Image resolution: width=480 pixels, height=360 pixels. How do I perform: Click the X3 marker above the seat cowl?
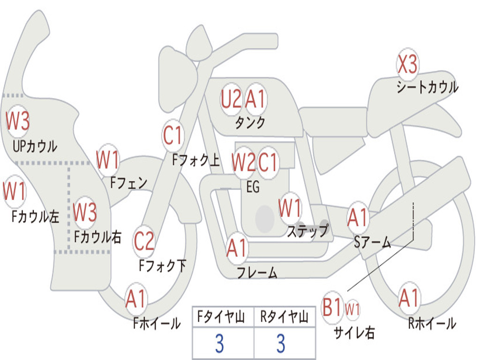[407, 64]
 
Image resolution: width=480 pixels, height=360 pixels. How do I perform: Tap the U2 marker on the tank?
[231, 99]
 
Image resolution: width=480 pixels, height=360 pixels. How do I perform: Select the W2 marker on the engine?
[243, 162]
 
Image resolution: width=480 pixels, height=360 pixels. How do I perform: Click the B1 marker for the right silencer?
[332, 307]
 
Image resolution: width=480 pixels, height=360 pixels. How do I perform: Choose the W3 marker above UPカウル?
[17, 121]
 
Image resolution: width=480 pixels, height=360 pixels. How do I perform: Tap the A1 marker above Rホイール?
[409, 298]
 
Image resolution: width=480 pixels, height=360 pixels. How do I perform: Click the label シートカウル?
[427, 87]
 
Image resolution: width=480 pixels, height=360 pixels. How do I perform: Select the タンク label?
[250, 122]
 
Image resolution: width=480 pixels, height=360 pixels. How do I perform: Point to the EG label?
[253, 187]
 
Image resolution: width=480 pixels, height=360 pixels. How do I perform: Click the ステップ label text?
[307, 230]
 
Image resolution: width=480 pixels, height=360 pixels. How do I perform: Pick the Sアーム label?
[372, 242]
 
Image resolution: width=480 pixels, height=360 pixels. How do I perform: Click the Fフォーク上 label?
[196, 160]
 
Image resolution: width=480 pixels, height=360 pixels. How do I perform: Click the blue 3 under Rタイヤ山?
[281, 344]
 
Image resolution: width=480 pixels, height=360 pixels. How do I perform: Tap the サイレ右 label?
[354, 332]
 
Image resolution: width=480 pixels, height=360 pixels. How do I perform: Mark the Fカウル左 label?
[35, 216]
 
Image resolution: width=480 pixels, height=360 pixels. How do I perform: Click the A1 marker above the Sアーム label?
[357, 217]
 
